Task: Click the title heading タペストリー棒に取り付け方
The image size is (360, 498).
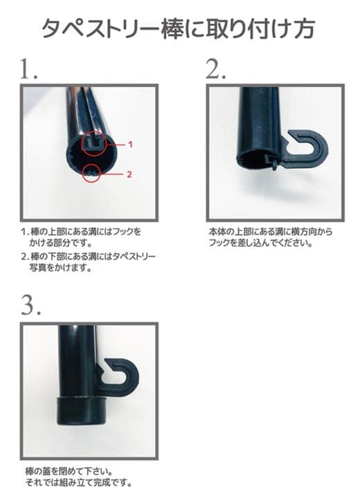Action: coord(179,28)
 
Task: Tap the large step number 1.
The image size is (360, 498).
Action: coord(29,69)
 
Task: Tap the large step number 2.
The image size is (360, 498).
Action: coord(216,69)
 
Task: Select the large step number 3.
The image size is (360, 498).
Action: coord(31,304)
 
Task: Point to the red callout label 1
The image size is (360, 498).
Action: coord(129,145)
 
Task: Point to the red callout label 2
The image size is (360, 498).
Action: coord(129,174)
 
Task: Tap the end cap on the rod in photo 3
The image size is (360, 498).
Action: coord(82,411)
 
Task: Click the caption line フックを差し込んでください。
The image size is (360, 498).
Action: coord(260,243)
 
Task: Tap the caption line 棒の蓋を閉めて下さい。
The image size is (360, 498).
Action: coord(69,471)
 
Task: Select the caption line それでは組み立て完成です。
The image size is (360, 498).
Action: coord(78,483)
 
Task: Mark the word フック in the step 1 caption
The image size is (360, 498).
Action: coord(123,232)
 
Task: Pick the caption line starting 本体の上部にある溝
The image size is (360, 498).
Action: coord(271,232)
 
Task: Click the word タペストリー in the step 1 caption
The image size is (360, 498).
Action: coord(134,256)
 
